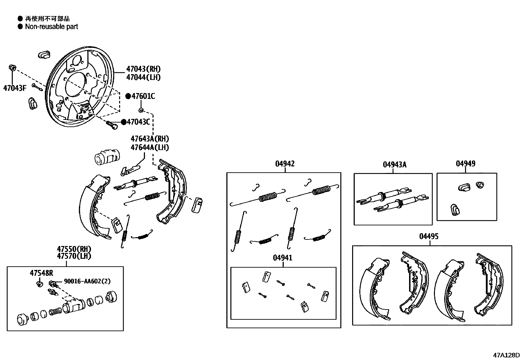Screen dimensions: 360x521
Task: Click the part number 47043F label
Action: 14,88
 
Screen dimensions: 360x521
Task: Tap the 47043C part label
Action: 138,122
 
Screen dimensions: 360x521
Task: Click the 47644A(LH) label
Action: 150,147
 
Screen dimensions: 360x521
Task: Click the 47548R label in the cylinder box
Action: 41,273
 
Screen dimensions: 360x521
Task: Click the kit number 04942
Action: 284,164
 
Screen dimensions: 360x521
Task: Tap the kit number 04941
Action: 282,258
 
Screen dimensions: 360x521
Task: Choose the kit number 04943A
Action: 394,165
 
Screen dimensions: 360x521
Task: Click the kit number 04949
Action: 465,163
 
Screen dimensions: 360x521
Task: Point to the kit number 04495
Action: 428,237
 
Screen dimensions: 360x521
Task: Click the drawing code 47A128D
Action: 506,355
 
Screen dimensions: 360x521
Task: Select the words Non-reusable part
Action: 51,27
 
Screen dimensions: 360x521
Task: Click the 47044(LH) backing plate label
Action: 143,77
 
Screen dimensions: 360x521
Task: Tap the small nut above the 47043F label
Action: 12,68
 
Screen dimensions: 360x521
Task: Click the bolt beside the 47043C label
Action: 112,125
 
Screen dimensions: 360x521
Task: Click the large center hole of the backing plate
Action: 76,86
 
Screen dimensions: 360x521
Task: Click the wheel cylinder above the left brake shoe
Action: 107,157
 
